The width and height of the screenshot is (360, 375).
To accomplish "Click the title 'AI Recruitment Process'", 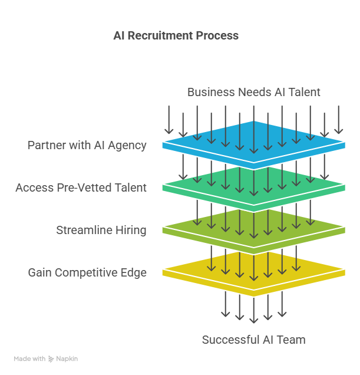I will pyautogui.click(x=176, y=35).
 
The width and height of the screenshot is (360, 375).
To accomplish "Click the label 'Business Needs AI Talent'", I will pyautogui.click(x=253, y=92).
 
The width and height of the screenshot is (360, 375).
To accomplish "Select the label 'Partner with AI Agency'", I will pyautogui.click(x=87, y=145).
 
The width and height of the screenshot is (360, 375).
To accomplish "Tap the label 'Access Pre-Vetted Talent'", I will pyautogui.click(x=81, y=187).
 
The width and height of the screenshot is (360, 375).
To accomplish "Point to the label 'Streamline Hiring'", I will pyautogui.click(x=101, y=230).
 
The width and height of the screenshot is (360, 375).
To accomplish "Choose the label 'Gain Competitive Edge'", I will pyautogui.click(x=87, y=272).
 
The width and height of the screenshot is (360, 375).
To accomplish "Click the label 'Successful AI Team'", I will pyautogui.click(x=253, y=340).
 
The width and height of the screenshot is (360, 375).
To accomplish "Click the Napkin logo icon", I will pyautogui.click(x=51, y=358).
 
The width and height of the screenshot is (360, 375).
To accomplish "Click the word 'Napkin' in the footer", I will pyautogui.click(x=67, y=358).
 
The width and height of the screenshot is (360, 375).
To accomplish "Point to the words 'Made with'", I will pyautogui.click(x=29, y=358).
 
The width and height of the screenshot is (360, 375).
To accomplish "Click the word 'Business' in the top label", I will pyautogui.click(x=209, y=92).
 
